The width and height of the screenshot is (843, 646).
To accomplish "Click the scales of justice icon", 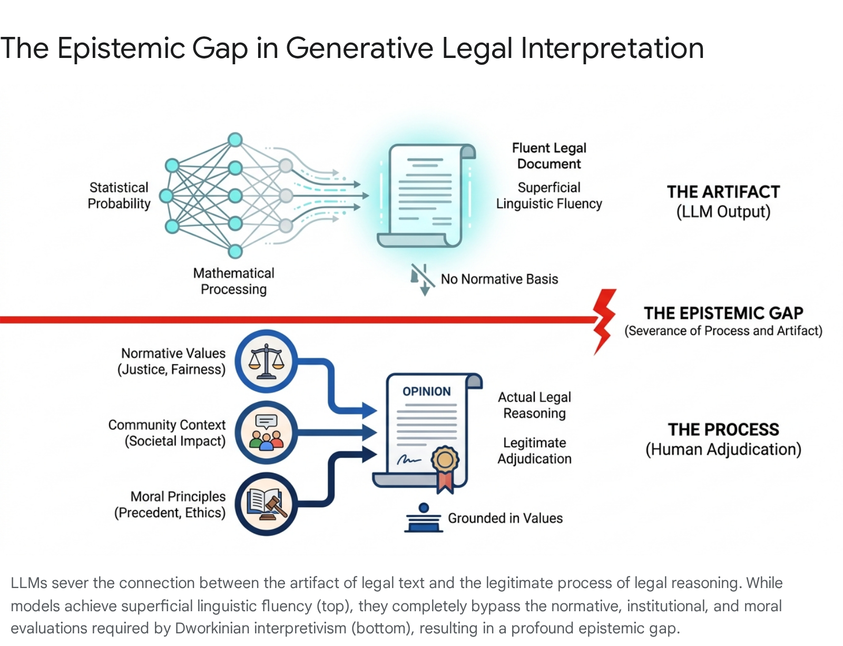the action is point(266,361).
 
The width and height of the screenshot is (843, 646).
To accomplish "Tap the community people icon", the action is point(266,433).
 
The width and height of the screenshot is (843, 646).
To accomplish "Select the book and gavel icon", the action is point(266,504).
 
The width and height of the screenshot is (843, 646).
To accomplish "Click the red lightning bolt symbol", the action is point(604,321).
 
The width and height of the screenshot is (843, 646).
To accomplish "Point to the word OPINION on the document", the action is point(426,391).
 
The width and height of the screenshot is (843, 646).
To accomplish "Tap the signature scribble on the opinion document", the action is point(409,460).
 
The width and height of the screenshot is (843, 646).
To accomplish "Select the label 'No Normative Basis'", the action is point(499,279).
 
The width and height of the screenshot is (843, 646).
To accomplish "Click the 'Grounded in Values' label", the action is point(505,518).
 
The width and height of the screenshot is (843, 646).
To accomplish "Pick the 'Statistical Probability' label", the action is point(119,195).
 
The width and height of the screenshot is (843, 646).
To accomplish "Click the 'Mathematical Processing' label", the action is point(233,281).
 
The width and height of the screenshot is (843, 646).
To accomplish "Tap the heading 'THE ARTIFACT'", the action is point(723,192).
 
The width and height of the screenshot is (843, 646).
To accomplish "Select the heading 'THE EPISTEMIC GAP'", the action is point(723,313).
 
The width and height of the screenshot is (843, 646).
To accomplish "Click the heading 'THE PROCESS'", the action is point(723,429).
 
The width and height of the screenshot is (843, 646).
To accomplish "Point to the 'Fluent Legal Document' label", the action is point(549,156).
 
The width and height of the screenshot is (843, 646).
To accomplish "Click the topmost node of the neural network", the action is point(234,140).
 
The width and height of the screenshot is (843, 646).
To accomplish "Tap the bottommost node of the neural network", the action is point(234,251).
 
